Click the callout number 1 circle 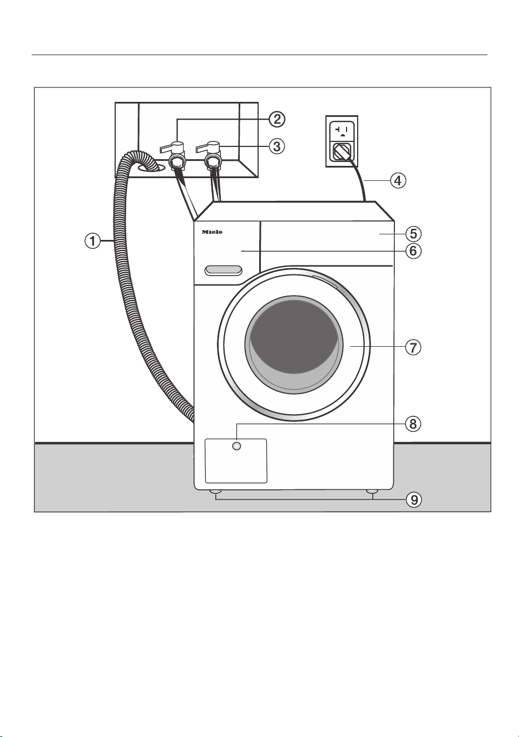click(x=93, y=241)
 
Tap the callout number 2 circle click(x=277, y=120)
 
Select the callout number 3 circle click(x=277, y=146)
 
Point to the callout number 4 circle click(x=398, y=180)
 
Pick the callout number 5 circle click(x=413, y=234)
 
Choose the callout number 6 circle click(x=413, y=251)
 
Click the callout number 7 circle click(x=413, y=347)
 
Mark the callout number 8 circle click(x=413, y=424)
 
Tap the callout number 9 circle click(x=414, y=500)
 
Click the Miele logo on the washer click(x=212, y=232)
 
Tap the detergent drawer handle click(x=223, y=271)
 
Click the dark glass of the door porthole click(x=294, y=337)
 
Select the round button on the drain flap click(x=236, y=446)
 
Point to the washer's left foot click(x=216, y=492)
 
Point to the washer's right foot click(x=372, y=492)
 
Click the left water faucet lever click(x=172, y=146)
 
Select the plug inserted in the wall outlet click(x=342, y=151)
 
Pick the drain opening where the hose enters click(x=151, y=168)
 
